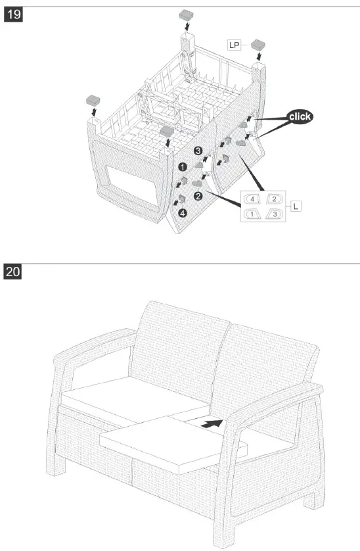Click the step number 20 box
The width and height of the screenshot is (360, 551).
[x=13, y=272]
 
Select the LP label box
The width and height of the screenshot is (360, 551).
[x=234, y=45]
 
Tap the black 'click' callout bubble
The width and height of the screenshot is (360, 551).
[x=299, y=116]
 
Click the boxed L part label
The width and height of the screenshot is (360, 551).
[x=296, y=206]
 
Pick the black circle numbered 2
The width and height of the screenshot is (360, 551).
[x=197, y=195]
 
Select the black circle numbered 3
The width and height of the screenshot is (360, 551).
[x=198, y=151]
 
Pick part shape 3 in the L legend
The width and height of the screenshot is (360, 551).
[x=275, y=214]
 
